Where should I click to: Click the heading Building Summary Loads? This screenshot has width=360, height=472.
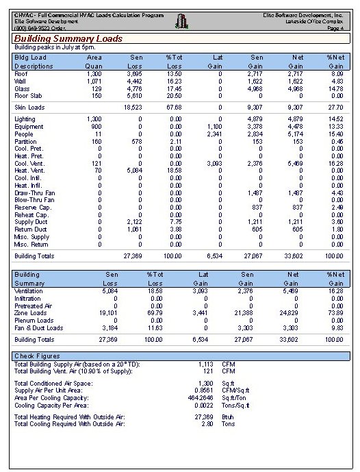(x=68, y=38)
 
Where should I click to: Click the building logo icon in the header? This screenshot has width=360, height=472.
(x=181, y=22)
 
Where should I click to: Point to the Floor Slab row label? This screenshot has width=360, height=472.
(x=28, y=95)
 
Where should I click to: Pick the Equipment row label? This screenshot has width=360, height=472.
(x=29, y=126)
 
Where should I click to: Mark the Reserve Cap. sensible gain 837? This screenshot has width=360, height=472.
(x=257, y=207)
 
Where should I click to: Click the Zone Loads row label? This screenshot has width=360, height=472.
(x=30, y=313)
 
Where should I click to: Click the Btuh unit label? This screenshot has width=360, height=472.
(x=229, y=417)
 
